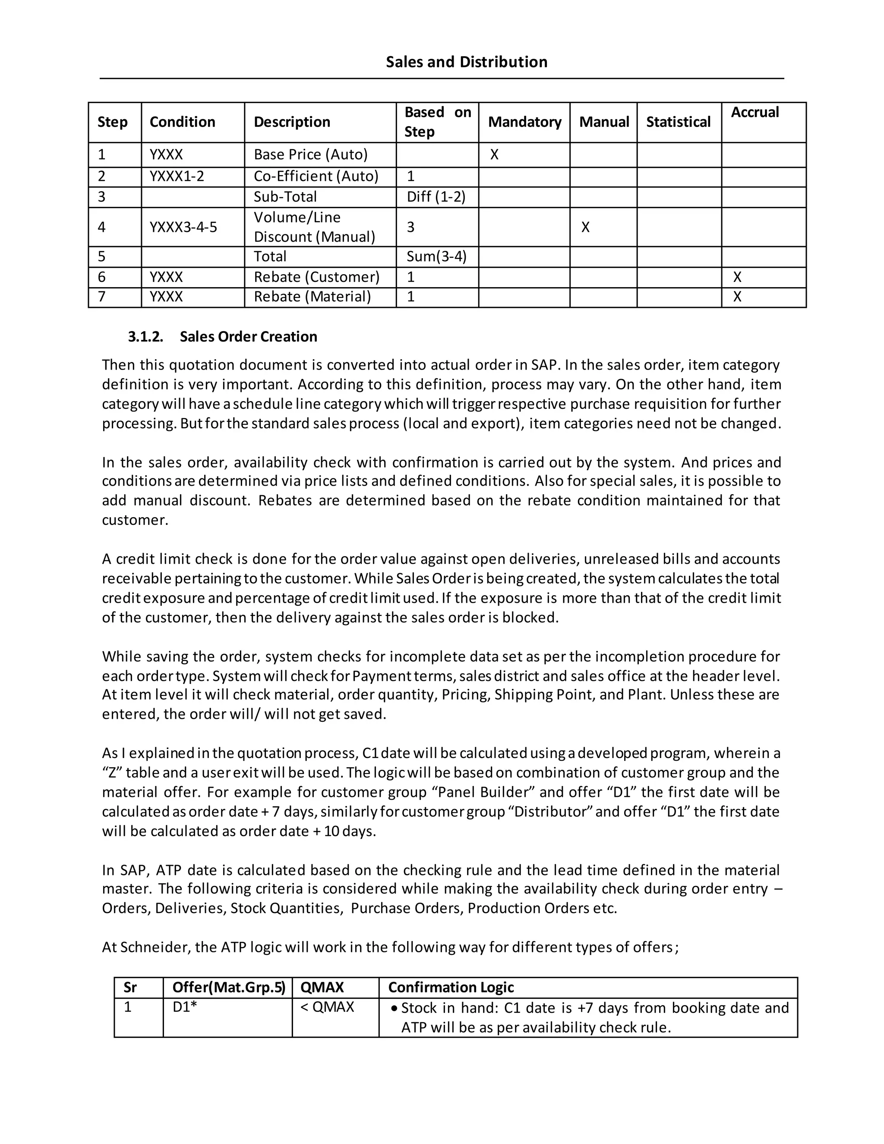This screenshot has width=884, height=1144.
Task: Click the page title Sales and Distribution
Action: click(x=466, y=62)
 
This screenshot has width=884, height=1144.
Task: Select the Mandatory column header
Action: click(x=524, y=122)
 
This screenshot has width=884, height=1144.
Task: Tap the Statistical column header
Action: click(x=678, y=122)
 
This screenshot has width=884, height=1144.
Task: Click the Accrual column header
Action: click(x=755, y=112)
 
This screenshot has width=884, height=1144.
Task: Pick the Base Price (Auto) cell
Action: click(x=310, y=155)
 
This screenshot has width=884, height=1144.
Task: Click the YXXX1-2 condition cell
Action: click(x=177, y=176)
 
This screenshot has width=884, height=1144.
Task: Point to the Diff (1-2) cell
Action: click(x=436, y=197)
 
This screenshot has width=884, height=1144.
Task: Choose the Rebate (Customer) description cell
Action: click(x=316, y=277)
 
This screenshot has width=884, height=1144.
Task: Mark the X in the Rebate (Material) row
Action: click(x=737, y=297)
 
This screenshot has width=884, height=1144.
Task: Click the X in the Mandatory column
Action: click(x=494, y=155)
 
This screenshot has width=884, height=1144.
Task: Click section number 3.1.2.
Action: click(x=145, y=337)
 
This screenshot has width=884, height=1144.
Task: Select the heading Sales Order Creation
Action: click(x=248, y=337)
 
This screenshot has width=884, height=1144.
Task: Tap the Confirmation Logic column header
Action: click(x=450, y=987)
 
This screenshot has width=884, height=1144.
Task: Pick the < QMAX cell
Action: click(x=327, y=1007)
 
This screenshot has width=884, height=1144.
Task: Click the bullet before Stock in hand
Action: click(x=395, y=1008)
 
